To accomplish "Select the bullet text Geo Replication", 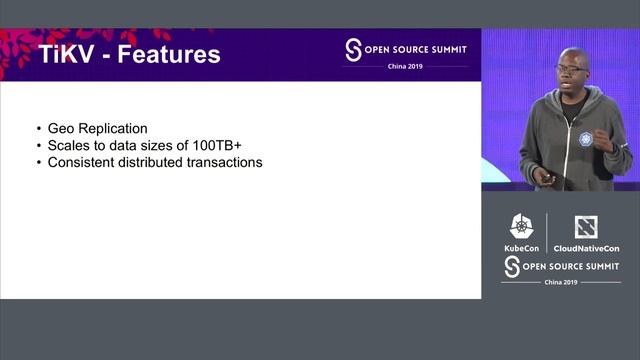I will pyautogui.click(x=98, y=128).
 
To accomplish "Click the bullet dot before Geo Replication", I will pyautogui.click(x=38, y=129).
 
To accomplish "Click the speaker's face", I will pyautogui.click(x=574, y=71).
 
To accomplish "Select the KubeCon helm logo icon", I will pyautogui.click(x=521, y=227).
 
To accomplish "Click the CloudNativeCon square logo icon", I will pyautogui.click(x=586, y=227).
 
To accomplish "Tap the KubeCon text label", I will pyautogui.click(x=521, y=248).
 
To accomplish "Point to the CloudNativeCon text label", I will pyautogui.click(x=586, y=248).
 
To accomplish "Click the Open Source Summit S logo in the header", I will pyautogui.click(x=352, y=50).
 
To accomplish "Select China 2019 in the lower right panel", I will pyautogui.click(x=560, y=283).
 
